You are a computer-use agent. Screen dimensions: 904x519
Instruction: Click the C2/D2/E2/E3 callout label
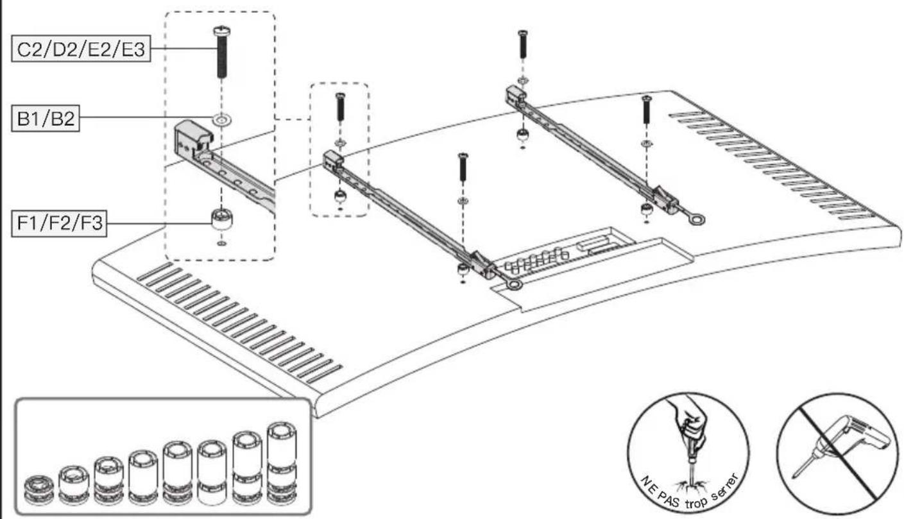click(x=81, y=49)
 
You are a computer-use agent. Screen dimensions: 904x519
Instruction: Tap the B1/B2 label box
click(x=46, y=119)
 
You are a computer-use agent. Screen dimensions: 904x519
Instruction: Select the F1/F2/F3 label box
click(x=59, y=223)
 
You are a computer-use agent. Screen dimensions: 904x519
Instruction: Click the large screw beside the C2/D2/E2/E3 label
click(x=221, y=52)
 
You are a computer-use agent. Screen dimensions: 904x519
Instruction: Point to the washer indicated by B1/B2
click(x=221, y=119)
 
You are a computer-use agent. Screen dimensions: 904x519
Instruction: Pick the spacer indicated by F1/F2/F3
click(x=221, y=219)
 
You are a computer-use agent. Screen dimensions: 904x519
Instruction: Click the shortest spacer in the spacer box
click(x=38, y=490)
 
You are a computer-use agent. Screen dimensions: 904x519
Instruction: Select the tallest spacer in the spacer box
click(x=282, y=463)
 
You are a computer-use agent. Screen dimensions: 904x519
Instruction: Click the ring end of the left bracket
click(x=514, y=285)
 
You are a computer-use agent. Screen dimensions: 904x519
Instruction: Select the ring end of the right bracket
click(x=697, y=219)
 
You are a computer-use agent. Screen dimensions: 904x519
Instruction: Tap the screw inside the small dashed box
click(x=340, y=107)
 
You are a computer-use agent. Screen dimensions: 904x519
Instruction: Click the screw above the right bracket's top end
click(x=523, y=44)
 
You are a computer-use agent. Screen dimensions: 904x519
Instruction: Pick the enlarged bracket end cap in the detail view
click(x=193, y=139)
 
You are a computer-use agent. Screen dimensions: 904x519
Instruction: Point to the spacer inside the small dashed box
click(x=340, y=196)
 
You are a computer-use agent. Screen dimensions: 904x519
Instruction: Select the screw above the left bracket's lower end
click(x=463, y=167)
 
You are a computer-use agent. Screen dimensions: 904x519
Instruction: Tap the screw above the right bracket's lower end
click(x=647, y=109)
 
